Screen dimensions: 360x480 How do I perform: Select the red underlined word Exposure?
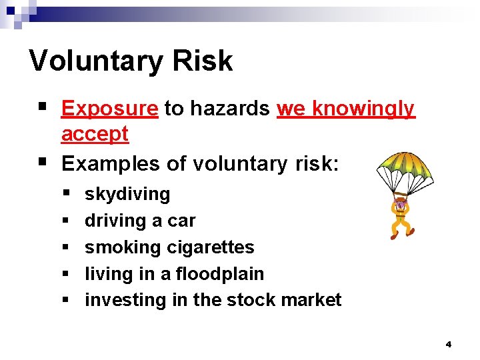tap(109, 109)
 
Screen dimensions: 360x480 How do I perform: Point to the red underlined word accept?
tap(95, 134)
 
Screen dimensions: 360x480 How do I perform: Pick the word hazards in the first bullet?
tap(226, 109)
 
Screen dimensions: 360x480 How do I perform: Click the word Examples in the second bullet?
tap(111, 163)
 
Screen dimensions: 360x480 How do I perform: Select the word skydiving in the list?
tap(127, 194)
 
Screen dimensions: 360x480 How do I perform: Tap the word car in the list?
tap(182, 221)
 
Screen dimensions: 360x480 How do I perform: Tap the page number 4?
tap(448, 345)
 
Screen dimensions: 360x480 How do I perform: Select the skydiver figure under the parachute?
tap(401, 217)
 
